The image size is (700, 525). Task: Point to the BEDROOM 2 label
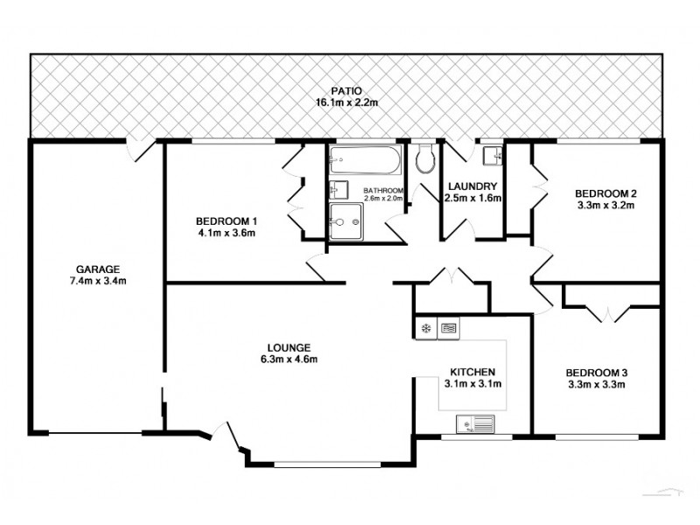[604, 193]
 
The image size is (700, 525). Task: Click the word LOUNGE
[288, 346]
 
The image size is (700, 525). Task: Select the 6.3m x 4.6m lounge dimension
[288, 359]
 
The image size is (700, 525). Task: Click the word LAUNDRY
[472, 186]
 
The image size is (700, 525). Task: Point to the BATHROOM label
[383, 190]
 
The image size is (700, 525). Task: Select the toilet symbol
[426, 159]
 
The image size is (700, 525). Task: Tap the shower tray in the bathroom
[346, 220]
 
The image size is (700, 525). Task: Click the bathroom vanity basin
[338, 189]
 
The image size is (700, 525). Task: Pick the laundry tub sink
[493, 155]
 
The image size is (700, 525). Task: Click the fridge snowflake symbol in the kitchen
[426, 329]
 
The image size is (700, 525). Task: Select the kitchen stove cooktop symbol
[448, 329]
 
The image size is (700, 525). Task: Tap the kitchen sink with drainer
[476, 426]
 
